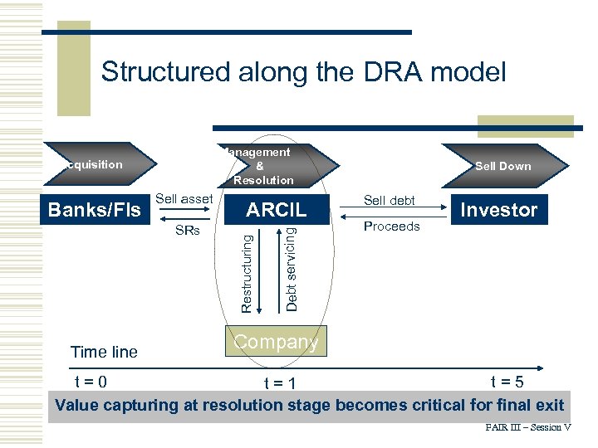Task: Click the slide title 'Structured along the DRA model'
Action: (303, 72)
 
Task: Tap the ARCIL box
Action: (277, 210)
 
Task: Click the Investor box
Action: (499, 210)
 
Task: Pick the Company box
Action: (276, 343)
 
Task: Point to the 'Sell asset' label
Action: (184, 199)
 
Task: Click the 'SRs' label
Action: (188, 231)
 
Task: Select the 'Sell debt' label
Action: (390, 200)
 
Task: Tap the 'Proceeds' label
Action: (392, 226)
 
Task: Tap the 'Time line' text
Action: (105, 352)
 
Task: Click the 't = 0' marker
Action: (90, 382)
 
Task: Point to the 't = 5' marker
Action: (506, 382)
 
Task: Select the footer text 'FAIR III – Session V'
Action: (528, 427)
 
